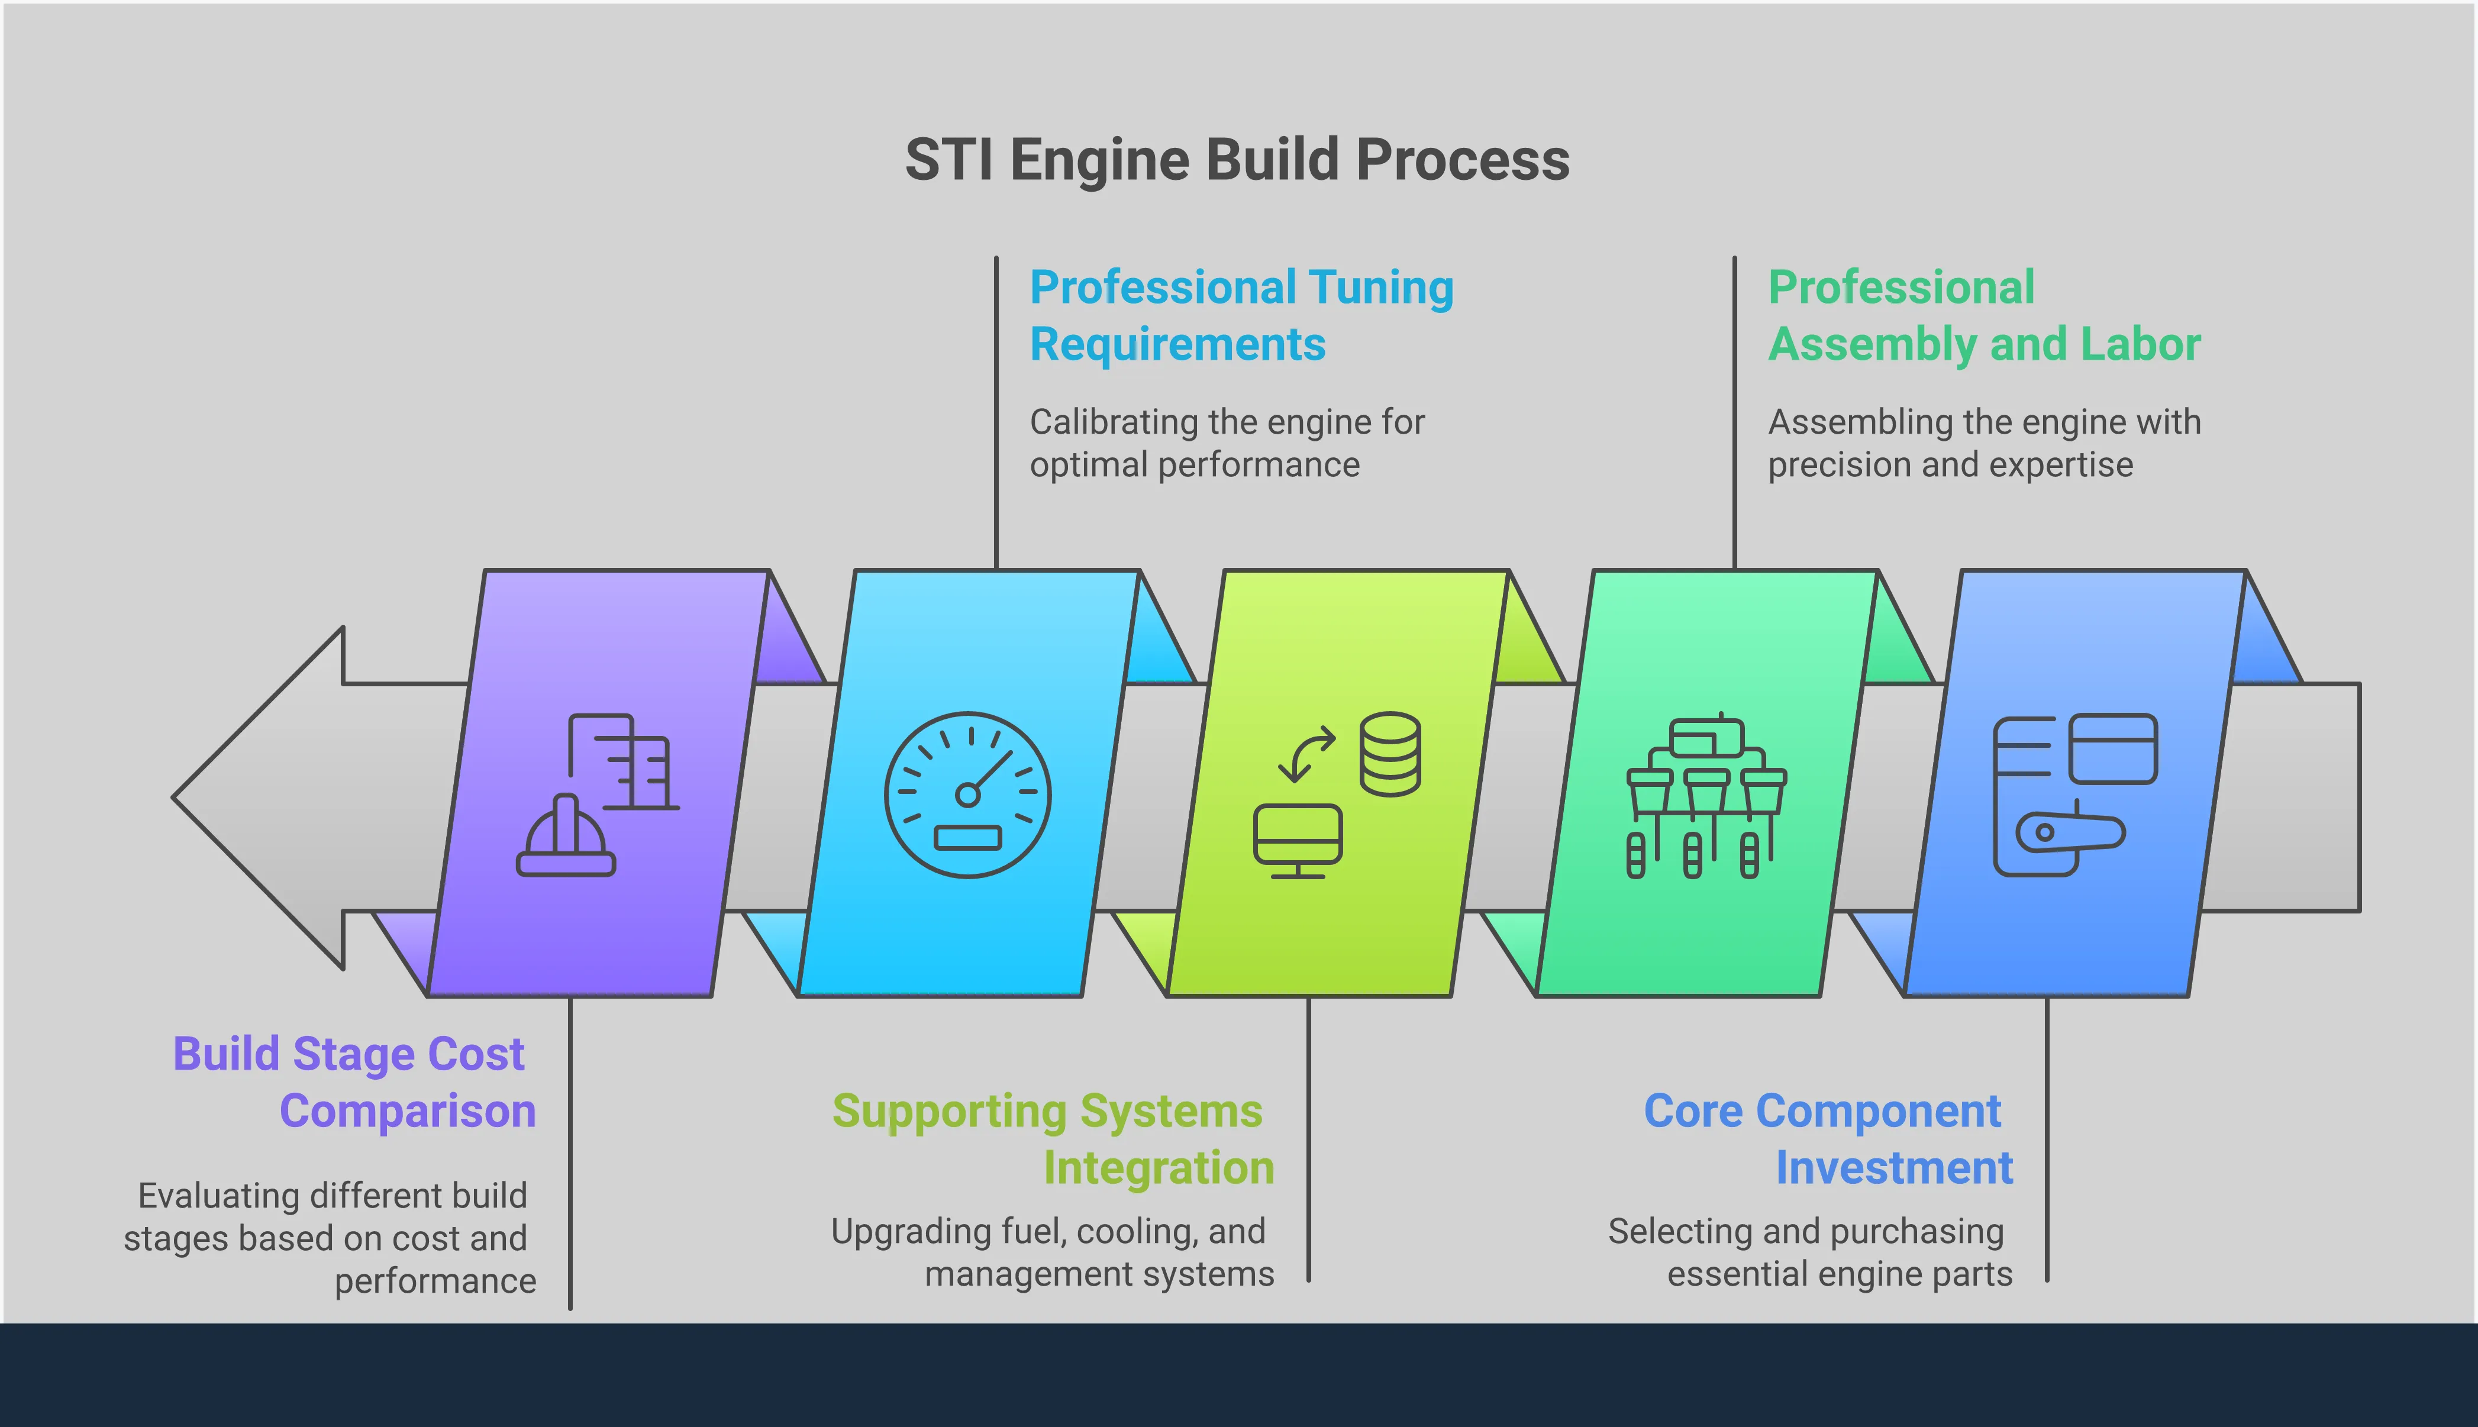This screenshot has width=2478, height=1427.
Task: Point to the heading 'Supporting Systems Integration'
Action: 1053,1139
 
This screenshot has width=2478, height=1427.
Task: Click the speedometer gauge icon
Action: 967,794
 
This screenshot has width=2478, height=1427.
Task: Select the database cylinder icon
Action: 1390,754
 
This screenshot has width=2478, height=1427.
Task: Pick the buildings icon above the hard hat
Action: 624,761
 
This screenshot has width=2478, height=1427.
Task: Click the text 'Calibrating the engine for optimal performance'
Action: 1225,443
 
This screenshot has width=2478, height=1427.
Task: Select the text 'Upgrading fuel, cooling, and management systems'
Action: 1053,1252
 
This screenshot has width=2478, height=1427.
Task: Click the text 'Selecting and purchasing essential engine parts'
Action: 1809,1252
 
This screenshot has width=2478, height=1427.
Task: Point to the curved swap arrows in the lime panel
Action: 1306,753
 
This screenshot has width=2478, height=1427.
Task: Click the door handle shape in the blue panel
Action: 2069,832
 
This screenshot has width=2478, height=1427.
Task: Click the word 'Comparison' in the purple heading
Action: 408,1112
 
